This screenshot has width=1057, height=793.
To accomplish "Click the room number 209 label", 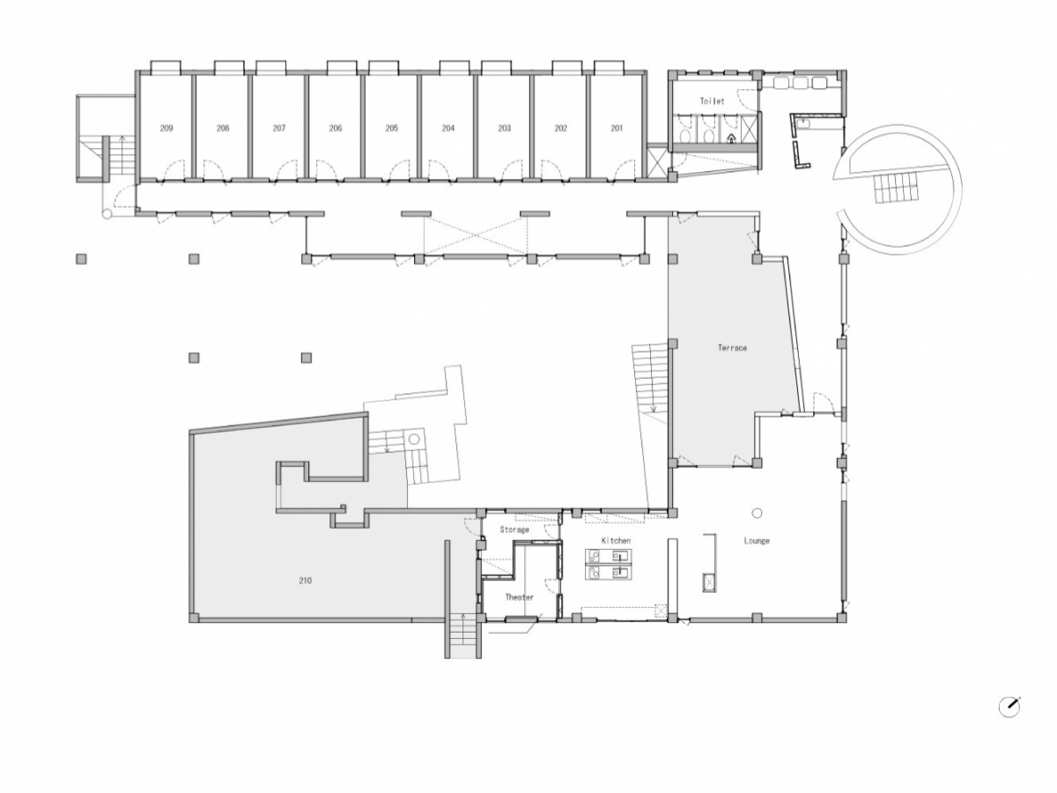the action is tap(166, 128).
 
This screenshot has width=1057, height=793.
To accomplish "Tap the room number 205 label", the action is tap(391, 128).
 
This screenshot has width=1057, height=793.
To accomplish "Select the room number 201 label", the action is tap(617, 128).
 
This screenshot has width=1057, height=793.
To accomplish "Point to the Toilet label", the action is tap(712, 101).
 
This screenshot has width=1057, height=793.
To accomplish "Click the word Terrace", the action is tap(732, 348).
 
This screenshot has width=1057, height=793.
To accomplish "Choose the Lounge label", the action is tap(757, 541).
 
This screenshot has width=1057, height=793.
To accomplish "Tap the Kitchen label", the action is tap(616, 541).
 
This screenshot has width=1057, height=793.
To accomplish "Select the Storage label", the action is tap(514, 530).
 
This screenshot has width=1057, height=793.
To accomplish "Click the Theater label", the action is tap(519, 597).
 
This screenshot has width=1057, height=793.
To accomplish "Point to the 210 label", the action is tap(306, 580).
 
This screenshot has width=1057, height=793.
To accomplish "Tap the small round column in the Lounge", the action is tap(757, 514).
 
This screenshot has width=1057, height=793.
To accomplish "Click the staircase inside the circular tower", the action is tap(897, 187).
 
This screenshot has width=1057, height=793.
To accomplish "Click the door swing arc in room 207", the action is tap(287, 170).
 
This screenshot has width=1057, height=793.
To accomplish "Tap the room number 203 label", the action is tap(504, 128).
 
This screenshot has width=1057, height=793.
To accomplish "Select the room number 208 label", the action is tap(223, 128).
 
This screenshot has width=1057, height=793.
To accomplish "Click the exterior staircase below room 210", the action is tap(462, 636).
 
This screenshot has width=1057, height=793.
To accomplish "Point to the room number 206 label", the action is tap(336, 128).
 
